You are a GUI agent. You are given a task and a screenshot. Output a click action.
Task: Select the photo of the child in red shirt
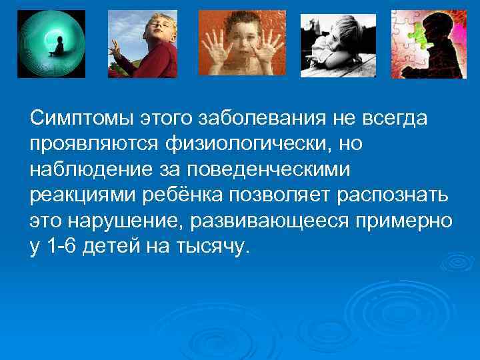143,44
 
